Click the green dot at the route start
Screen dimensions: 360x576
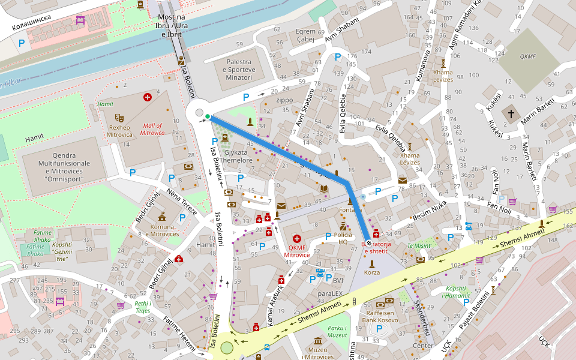coord(208,116)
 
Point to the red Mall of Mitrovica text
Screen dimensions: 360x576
coord(152,129)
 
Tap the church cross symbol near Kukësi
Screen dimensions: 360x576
coord(511,113)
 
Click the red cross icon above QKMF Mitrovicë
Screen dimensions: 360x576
coord(296,239)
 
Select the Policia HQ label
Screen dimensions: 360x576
coord(343,239)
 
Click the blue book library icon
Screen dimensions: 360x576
coord(324,189)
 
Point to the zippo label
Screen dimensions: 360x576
coord(284,100)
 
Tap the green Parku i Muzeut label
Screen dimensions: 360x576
coord(337,332)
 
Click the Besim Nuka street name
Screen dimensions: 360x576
coord(430,211)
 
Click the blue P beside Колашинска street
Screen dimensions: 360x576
coord(22,43)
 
